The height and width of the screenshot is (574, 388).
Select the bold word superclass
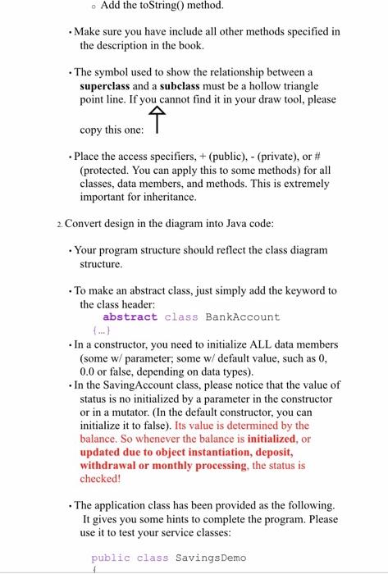(x=110, y=85)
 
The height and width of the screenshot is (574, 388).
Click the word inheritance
(x=169, y=198)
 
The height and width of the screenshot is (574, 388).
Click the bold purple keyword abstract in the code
(x=130, y=317)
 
